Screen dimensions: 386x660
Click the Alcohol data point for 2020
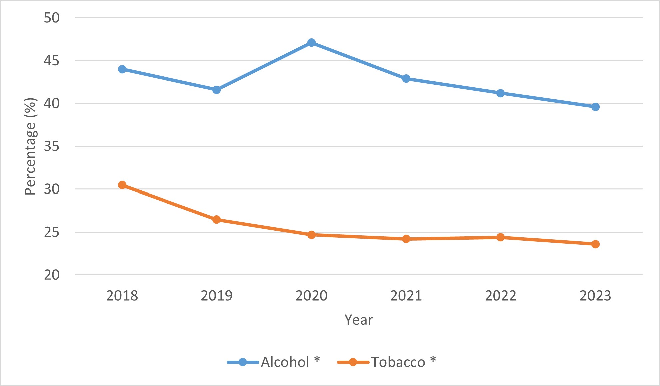point(311,43)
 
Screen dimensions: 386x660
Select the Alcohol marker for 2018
point(122,69)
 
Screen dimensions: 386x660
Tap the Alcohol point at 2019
point(216,90)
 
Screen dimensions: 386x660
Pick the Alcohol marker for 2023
point(595,107)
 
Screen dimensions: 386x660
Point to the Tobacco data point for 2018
point(122,185)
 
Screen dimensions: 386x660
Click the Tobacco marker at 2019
point(216,220)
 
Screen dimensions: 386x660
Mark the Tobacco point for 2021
point(406,239)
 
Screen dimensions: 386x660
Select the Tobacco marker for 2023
point(595,244)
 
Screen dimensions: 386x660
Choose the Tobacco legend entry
point(386,362)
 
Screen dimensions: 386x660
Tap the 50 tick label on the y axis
point(52,18)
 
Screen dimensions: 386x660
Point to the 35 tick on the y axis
point(52,146)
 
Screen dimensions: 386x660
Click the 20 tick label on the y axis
point(52,275)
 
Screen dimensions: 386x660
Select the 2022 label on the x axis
point(500,296)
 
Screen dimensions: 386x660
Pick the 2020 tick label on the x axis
point(311,296)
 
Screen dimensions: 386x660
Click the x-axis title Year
point(359,320)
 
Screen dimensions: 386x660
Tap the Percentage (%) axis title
point(30,146)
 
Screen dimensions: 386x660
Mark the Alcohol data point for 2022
point(500,93)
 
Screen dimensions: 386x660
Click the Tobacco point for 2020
point(311,235)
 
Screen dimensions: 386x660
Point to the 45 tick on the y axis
point(52,61)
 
